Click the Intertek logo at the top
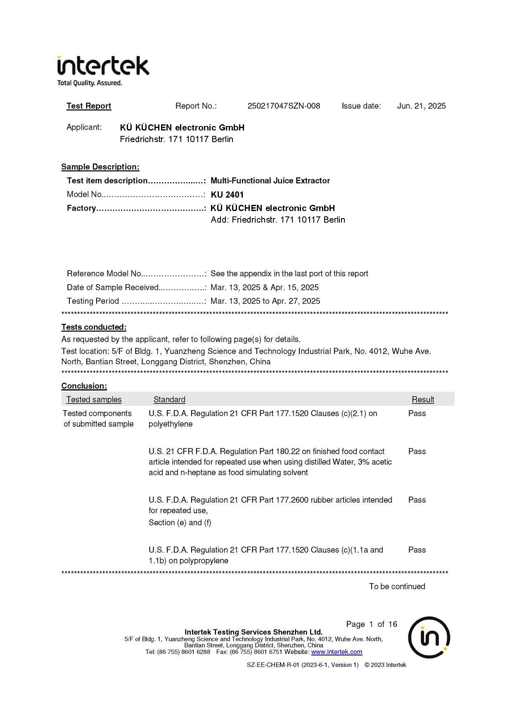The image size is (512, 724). click(x=103, y=66)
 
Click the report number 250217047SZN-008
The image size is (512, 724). click(x=284, y=106)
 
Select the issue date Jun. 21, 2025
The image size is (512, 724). click(x=421, y=106)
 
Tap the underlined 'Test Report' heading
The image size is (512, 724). click(x=89, y=106)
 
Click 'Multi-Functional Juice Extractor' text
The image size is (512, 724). click(x=270, y=180)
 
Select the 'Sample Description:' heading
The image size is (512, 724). click(x=100, y=167)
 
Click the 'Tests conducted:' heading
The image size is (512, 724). click(x=94, y=327)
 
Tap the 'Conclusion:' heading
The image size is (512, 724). click(x=84, y=386)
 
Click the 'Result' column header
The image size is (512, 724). click(x=422, y=399)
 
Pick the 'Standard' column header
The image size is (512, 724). click(x=169, y=399)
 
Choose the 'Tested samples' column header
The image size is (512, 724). click(x=94, y=399)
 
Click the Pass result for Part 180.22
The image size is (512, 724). click(x=417, y=451)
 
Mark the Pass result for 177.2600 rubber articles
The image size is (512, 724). click(x=417, y=500)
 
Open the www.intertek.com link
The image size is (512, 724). click(x=337, y=652)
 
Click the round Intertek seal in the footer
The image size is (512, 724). click(x=429, y=637)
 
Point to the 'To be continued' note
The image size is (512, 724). click(x=397, y=586)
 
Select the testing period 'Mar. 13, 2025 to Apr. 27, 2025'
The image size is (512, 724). click(x=265, y=301)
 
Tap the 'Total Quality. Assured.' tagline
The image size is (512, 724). click(x=90, y=83)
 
